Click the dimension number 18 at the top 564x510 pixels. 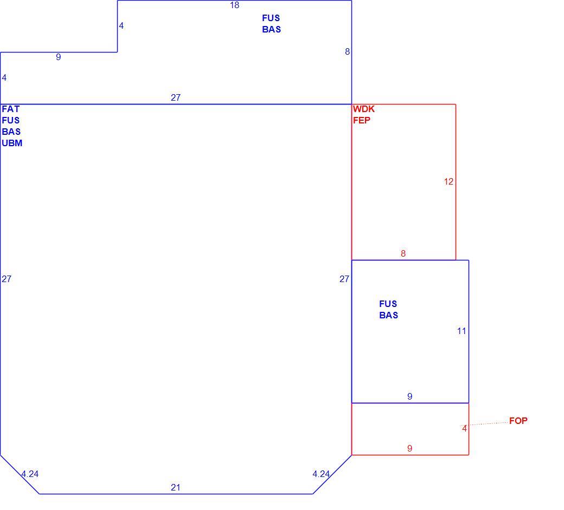[234, 5]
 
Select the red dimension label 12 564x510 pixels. [448, 181]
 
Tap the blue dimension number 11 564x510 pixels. [462, 331]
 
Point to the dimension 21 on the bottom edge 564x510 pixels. [176, 487]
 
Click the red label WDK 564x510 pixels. [364, 109]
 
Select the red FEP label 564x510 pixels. [362, 120]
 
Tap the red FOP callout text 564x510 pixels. [518, 421]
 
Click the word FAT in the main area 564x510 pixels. [11, 109]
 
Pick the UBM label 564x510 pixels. [12, 143]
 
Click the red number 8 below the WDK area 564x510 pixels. [403, 253]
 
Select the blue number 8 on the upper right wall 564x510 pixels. [347, 52]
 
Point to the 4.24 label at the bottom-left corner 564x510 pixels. [30, 474]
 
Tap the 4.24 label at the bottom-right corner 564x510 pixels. [321, 474]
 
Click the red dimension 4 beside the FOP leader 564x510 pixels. [464, 428]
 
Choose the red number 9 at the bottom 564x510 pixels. [409, 448]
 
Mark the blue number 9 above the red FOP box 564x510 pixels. [409, 396]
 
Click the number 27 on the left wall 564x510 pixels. [7, 279]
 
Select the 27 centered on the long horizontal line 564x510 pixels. [176, 97]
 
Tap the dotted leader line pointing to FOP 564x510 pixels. [484, 424]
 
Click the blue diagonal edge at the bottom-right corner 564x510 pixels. [332, 474]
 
